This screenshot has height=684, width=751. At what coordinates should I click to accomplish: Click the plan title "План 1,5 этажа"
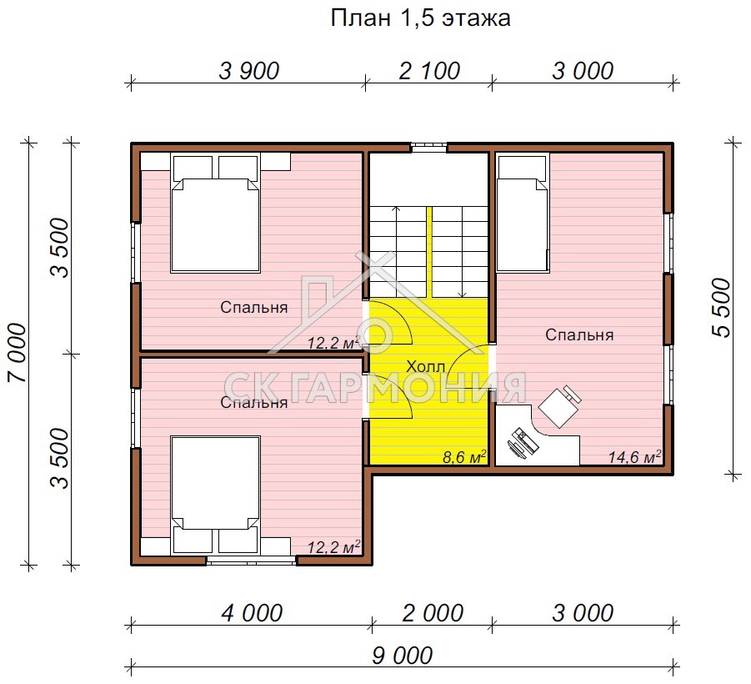(421, 18)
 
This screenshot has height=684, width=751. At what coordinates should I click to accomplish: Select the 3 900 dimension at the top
(248, 71)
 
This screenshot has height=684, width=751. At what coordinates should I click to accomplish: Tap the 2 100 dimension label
(429, 71)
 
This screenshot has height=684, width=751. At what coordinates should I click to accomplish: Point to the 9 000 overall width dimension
(403, 656)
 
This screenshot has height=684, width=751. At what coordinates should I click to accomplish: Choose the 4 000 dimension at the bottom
(252, 614)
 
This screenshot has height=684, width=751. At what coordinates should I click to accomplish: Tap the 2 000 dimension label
(433, 614)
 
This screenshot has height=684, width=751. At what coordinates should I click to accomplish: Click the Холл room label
(425, 367)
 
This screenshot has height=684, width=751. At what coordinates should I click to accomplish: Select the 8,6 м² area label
(464, 456)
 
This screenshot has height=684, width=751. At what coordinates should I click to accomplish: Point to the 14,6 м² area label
(634, 456)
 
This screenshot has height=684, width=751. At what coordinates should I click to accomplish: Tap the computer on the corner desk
(522, 441)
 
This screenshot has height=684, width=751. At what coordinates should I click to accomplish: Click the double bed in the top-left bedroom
(216, 214)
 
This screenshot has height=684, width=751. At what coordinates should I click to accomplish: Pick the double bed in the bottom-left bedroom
(216, 495)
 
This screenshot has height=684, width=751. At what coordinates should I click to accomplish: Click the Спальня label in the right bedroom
(579, 334)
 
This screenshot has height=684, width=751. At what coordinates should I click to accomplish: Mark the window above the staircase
(429, 148)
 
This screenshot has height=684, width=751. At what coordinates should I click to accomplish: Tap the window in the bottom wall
(252, 560)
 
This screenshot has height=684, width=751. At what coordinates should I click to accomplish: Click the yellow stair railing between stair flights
(429, 253)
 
